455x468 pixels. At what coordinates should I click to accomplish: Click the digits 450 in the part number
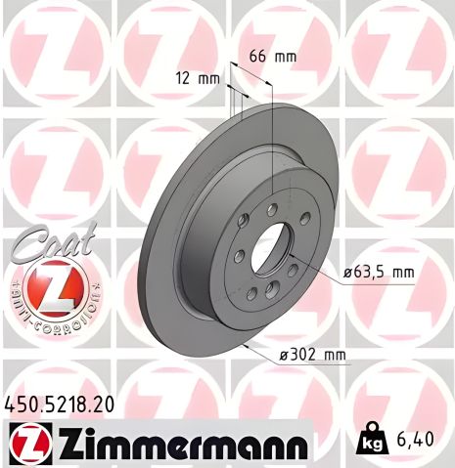coord(21,402)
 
